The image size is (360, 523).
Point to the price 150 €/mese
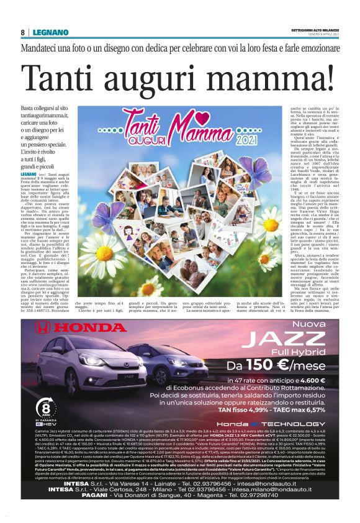[283, 366]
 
